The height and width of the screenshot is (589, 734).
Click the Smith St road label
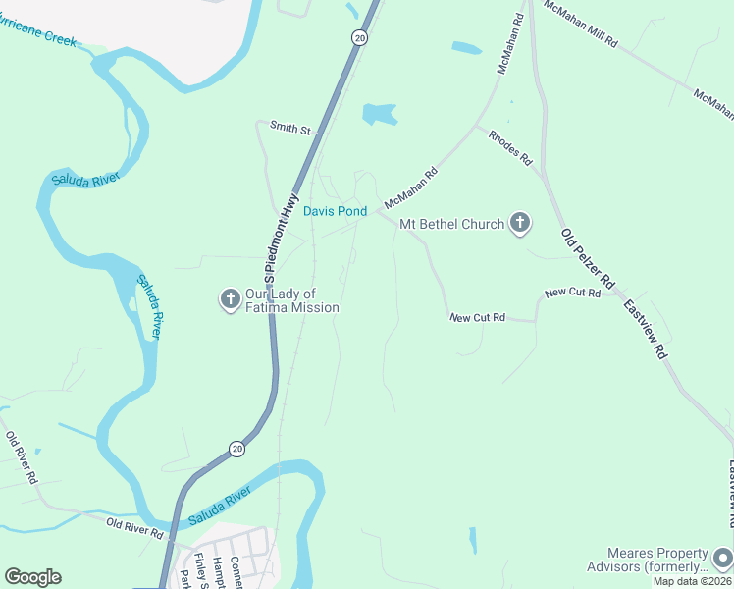[x=289, y=129]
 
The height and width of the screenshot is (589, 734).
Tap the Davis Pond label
[x=335, y=211]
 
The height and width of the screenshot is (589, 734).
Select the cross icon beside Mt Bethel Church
[x=520, y=225]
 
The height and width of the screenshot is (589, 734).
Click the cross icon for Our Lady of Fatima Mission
[x=230, y=299]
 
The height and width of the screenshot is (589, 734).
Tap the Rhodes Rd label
[x=510, y=146]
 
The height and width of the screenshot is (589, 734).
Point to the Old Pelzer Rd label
[x=587, y=261]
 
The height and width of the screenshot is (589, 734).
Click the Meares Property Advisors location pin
[x=723, y=557]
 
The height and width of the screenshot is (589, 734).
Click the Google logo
[x=32, y=577]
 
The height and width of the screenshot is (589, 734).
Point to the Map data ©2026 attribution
[x=692, y=581]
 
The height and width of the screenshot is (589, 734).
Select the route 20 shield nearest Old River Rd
[x=236, y=448]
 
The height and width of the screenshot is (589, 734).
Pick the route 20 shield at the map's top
[x=360, y=37]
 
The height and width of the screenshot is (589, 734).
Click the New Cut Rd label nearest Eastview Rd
[x=572, y=293]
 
